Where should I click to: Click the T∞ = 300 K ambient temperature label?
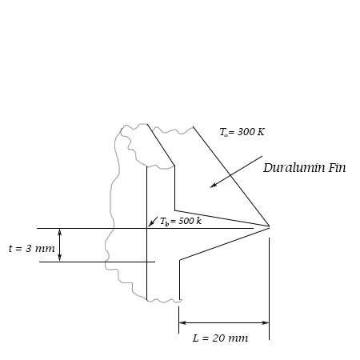(242, 132)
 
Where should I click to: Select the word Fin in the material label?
(336, 168)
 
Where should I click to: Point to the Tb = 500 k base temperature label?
(180, 221)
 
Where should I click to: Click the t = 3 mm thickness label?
(32, 249)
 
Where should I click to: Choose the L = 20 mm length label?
(220, 338)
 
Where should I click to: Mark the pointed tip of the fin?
(270, 226)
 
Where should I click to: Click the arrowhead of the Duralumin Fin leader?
(213, 186)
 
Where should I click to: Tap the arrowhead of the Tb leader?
(150, 225)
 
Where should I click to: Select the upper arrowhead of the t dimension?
(59, 231)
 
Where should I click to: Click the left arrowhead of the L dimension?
(182, 322)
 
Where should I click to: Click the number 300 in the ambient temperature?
(246, 132)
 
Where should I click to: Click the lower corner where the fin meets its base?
(179, 260)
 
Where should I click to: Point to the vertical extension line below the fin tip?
(269, 288)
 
